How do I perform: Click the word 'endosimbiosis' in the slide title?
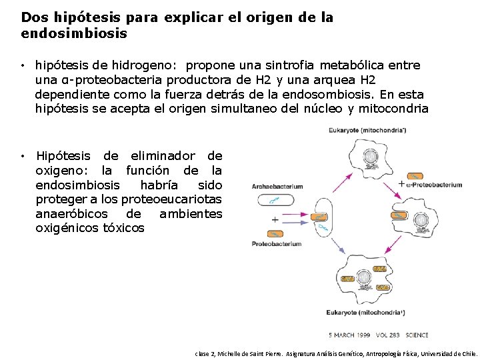(74, 33)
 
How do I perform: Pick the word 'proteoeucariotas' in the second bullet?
(178, 199)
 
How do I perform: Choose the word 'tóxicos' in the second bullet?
(123, 228)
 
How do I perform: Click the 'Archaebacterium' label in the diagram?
(277, 187)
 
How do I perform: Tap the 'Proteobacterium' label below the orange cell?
(276, 244)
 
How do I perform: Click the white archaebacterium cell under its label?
(273, 199)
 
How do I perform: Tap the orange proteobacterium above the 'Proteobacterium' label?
(275, 233)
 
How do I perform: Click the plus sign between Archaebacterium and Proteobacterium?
(275, 219)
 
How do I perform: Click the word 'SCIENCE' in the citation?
(417, 335)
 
